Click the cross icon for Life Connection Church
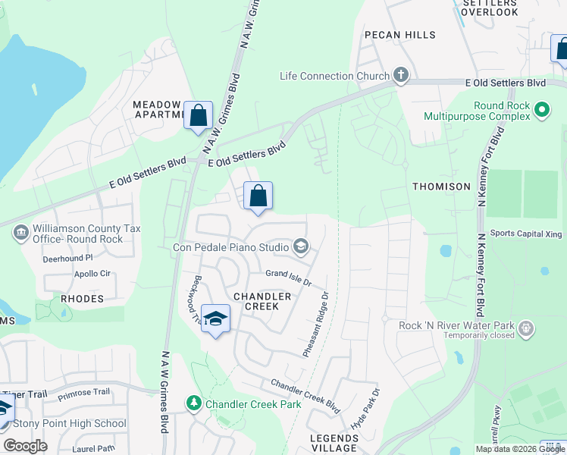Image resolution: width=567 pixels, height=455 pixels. [x=401, y=76]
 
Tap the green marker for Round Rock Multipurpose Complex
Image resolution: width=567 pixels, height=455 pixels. [x=541, y=111]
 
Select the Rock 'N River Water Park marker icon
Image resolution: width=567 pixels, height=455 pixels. [x=527, y=330]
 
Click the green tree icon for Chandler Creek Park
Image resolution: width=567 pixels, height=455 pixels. [x=195, y=403]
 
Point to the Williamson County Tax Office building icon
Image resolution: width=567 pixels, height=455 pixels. [x=22, y=231]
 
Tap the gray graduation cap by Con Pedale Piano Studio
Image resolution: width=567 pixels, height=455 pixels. [x=301, y=246]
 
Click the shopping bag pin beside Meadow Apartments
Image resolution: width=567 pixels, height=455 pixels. [x=199, y=117]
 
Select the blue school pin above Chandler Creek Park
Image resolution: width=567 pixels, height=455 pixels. [x=216, y=321]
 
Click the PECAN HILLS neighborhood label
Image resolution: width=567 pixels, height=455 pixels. [x=399, y=35]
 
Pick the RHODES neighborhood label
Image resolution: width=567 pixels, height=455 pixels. [x=82, y=299]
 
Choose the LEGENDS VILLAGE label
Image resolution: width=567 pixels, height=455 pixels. [x=334, y=444]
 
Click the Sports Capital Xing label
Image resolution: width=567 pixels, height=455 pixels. [x=526, y=234]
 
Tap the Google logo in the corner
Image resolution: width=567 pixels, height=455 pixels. [x=25, y=446]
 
